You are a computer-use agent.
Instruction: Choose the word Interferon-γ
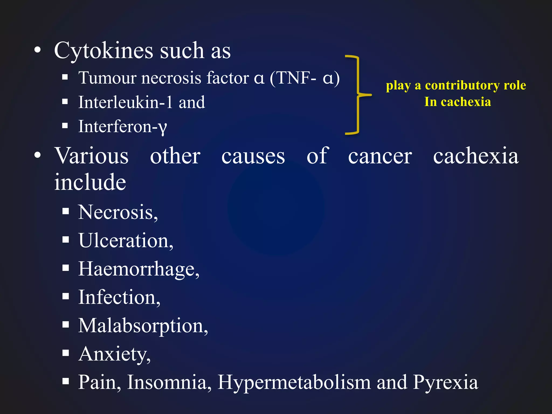tap(123, 127)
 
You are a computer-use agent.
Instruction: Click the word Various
tap(92, 156)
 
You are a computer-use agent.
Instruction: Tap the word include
tap(90, 182)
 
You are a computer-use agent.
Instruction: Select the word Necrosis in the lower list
tap(116, 212)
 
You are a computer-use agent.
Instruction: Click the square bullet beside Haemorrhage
tap(65, 268)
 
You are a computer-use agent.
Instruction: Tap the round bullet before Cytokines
tap(38, 50)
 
